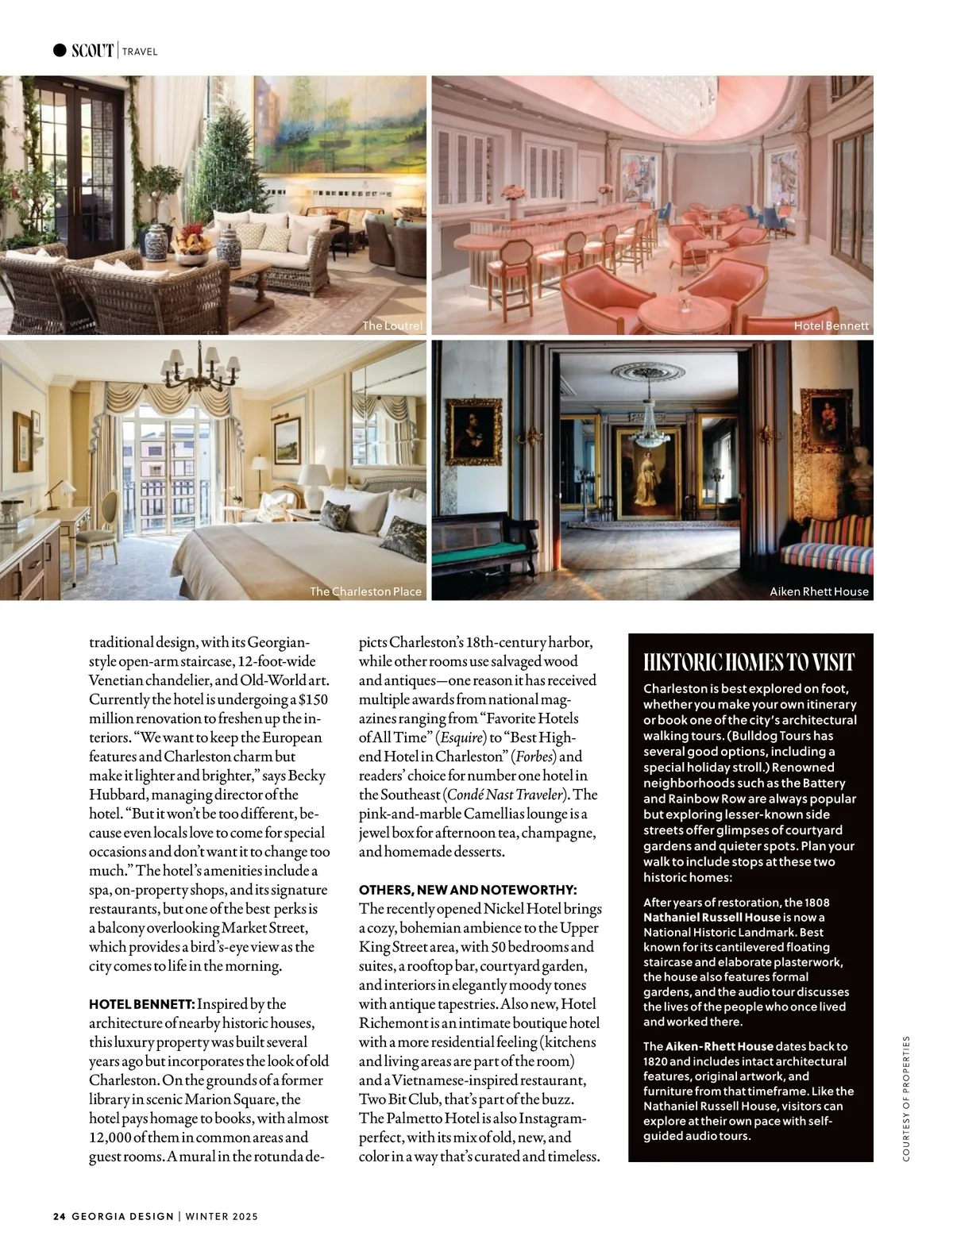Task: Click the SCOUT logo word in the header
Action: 92,51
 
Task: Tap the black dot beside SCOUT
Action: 60,51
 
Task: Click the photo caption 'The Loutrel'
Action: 392,325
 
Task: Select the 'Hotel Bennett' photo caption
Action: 831,325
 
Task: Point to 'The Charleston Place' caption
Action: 365,591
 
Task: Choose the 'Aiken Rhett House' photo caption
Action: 820,591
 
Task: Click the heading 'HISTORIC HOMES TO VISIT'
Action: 749,663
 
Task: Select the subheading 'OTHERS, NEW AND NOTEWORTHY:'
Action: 468,890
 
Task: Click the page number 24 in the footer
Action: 59,1216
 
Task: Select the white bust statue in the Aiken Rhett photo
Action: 856,496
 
